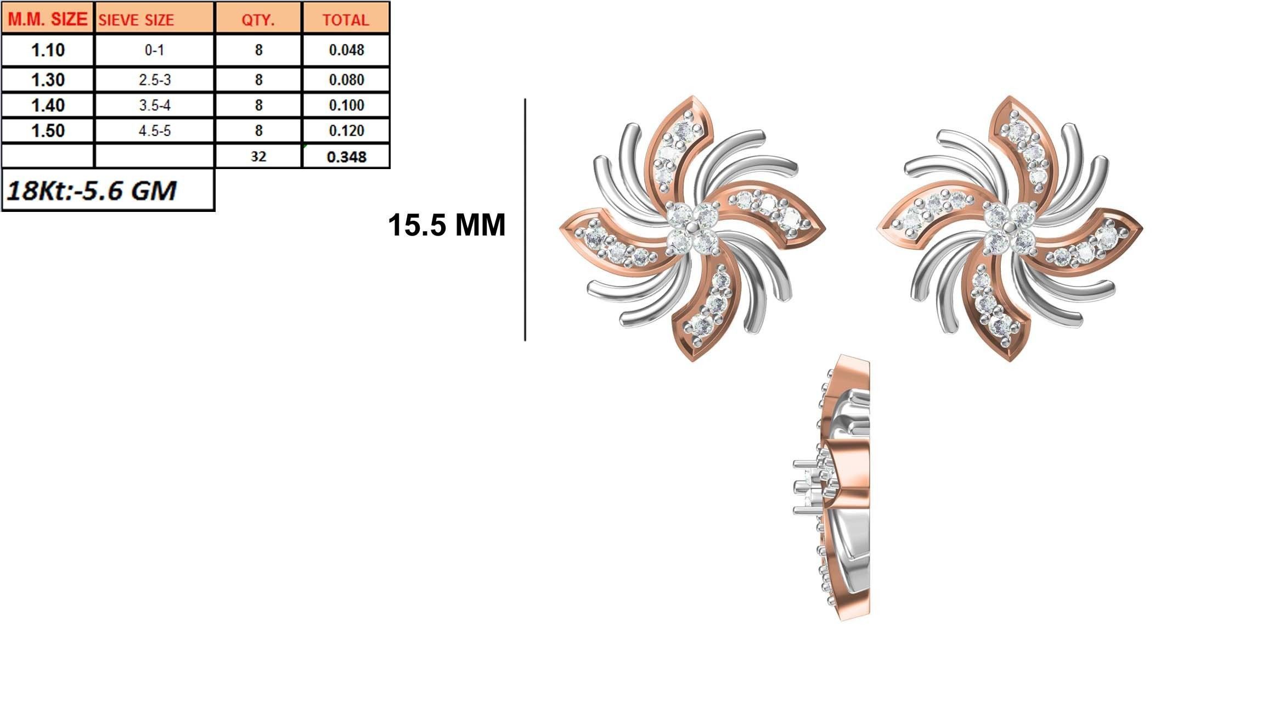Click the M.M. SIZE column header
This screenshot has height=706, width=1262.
(48, 19)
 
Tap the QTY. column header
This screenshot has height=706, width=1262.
(258, 20)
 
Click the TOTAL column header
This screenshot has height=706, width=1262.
(346, 20)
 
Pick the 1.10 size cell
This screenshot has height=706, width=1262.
(48, 50)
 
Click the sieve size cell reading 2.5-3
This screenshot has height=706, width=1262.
(154, 80)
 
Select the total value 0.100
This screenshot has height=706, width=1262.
(346, 105)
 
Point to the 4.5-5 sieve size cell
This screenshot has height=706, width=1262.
(154, 131)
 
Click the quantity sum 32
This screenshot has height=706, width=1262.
(258, 156)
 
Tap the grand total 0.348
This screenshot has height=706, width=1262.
(346, 157)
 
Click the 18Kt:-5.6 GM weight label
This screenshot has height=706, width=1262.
(92, 190)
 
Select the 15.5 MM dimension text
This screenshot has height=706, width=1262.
(446, 225)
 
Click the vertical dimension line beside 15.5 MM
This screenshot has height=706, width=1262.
(525, 220)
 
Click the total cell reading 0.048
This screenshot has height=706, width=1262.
(346, 50)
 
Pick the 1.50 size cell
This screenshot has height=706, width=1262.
(48, 131)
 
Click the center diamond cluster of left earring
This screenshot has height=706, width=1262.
(692, 228)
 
